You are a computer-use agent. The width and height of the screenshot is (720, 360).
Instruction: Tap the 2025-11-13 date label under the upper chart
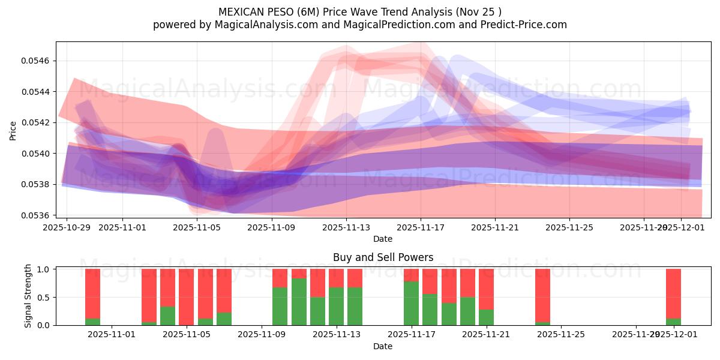point(346,227)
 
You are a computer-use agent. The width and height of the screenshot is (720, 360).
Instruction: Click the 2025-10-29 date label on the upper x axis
point(67,227)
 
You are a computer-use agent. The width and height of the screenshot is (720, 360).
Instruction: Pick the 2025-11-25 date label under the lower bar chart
point(560,335)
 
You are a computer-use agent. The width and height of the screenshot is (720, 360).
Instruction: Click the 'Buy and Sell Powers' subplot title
point(383,257)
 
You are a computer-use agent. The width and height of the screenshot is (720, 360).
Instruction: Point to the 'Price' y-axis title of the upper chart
point(13,130)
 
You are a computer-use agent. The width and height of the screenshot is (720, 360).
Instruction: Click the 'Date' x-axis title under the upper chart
point(383,239)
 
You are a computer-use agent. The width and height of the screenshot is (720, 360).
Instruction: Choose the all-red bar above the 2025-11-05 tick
point(187,297)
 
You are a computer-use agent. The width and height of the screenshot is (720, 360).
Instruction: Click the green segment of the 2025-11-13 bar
point(336,306)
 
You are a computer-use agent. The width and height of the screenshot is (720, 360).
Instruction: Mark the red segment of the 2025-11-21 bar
point(486,289)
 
